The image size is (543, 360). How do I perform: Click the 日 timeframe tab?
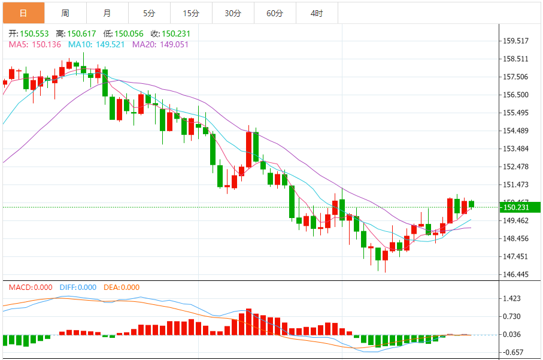(23, 13)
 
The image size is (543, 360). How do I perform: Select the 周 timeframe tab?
(65, 13)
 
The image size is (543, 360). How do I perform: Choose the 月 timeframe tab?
(107, 13)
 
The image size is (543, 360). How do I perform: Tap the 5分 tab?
(149, 13)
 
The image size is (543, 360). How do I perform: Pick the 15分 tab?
(191, 13)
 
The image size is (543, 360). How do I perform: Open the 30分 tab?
(233, 13)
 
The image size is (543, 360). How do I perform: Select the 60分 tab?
(275, 13)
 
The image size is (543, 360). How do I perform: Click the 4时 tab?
(317, 13)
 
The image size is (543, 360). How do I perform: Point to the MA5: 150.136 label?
(35, 44)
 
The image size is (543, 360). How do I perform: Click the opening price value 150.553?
(34, 34)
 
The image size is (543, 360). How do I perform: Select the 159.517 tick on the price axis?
(515, 41)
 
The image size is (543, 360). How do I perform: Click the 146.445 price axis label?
(515, 274)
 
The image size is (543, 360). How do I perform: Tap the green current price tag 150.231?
(520, 207)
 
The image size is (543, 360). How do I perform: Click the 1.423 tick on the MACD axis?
(513, 298)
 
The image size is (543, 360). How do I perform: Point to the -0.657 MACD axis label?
(513, 353)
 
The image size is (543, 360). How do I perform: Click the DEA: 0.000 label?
(121, 288)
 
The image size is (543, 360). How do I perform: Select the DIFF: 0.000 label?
(78, 288)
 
